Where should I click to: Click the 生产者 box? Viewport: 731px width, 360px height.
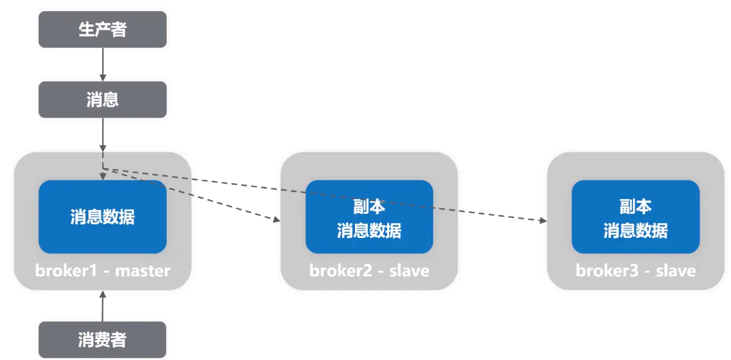102,29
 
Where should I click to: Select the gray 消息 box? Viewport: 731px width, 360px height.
102,99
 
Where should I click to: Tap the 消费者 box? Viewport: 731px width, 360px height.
102,340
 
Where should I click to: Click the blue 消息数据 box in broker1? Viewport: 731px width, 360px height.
102,217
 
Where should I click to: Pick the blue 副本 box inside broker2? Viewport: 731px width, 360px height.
369,217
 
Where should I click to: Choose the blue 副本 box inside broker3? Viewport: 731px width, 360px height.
636,217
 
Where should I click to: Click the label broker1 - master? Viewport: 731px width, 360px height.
102,271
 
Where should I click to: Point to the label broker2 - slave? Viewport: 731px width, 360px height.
369,271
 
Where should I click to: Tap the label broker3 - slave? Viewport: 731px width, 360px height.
636,271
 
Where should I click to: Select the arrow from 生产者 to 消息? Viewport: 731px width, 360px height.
103,64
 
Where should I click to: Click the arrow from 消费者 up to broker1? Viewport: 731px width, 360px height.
103,306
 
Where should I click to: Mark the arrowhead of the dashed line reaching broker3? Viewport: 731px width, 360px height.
543,220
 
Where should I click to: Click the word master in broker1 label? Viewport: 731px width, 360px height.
142,271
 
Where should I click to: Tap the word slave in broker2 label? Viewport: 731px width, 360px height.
409,271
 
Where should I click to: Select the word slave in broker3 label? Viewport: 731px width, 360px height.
676,271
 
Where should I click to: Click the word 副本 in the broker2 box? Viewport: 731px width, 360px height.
369,206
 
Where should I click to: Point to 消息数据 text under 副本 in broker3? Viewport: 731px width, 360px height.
636,230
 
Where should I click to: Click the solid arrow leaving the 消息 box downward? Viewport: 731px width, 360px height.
103,133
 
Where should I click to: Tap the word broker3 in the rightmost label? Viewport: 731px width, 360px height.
603,271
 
